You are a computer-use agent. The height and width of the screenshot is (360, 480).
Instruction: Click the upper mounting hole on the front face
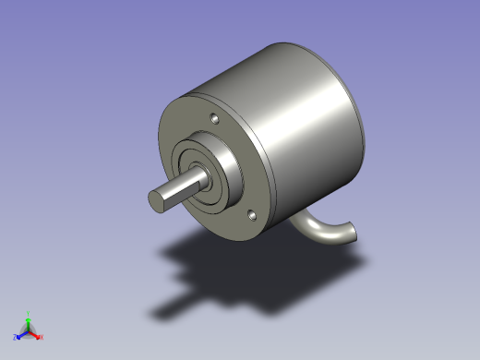(213, 119)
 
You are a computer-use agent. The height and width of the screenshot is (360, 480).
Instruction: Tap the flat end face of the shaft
(156, 200)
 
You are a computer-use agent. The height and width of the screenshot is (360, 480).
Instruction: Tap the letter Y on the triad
(29, 314)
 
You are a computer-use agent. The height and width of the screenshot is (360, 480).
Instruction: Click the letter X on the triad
(42, 337)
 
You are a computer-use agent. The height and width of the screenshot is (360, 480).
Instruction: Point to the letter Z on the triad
(15, 337)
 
